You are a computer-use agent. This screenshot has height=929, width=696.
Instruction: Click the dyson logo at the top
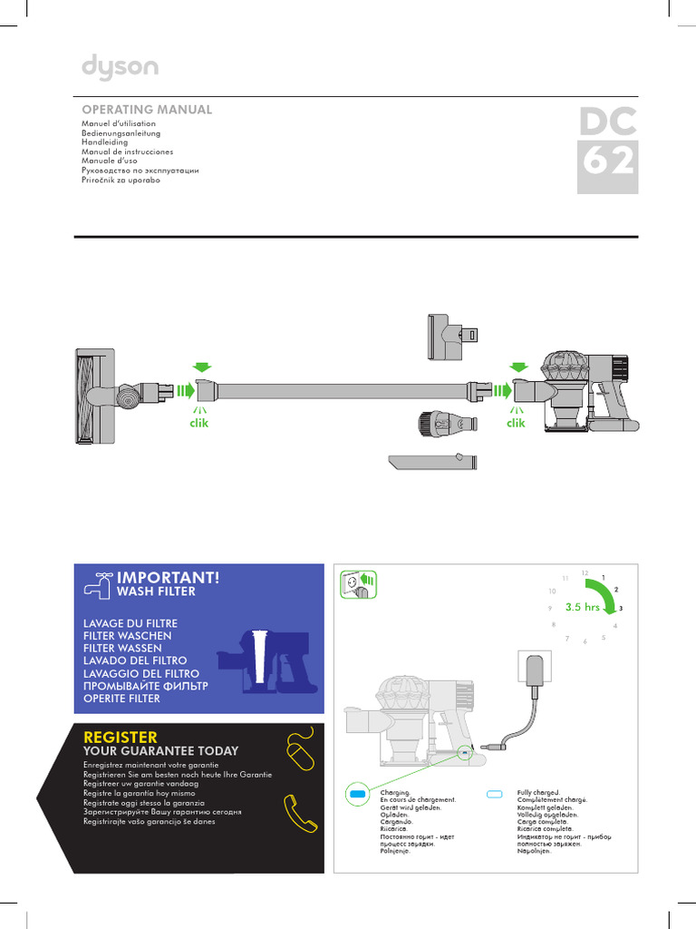[x=120, y=67]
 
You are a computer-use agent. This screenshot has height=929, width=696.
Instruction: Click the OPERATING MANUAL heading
[x=147, y=110]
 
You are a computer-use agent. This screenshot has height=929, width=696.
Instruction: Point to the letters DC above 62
[x=608, y=120]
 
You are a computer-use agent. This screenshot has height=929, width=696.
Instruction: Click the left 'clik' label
[x=198, y=424]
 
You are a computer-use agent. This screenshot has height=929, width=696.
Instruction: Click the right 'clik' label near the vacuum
[x=516, y=424]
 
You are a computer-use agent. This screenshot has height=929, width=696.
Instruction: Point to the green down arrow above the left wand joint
[x=202, y=367]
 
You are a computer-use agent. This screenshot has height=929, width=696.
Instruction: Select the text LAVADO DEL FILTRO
[x=134, y=661]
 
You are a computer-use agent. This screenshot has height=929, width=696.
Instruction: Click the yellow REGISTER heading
[x=120, y=737]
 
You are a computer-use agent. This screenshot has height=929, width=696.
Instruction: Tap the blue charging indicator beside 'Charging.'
[x=356, y=794]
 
